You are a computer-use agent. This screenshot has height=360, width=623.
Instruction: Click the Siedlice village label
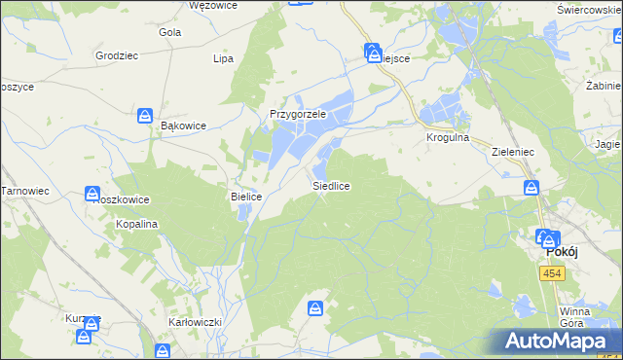pos(331,185)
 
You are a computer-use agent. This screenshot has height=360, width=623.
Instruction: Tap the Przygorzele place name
pos(296,114)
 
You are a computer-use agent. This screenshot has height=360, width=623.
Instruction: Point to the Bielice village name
pos(246,197)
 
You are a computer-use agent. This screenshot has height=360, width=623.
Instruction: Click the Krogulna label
pos(448,138)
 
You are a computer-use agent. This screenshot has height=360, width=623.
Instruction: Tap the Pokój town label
pos(563,251)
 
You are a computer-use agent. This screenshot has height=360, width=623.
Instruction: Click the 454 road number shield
pos(552,275)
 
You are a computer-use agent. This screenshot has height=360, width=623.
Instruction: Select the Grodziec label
pos(116,55)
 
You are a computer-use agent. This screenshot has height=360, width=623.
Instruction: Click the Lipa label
pos(223,58)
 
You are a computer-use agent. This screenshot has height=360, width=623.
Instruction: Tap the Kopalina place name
pos(137,224)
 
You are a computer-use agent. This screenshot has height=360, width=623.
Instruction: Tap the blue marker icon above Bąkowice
pos(145,116)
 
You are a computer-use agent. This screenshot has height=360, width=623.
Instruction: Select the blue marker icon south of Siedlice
pos(315,308)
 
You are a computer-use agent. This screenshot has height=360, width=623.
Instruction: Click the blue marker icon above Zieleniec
pos(531,187)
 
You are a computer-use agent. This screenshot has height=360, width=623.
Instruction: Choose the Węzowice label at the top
pos(213,5)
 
